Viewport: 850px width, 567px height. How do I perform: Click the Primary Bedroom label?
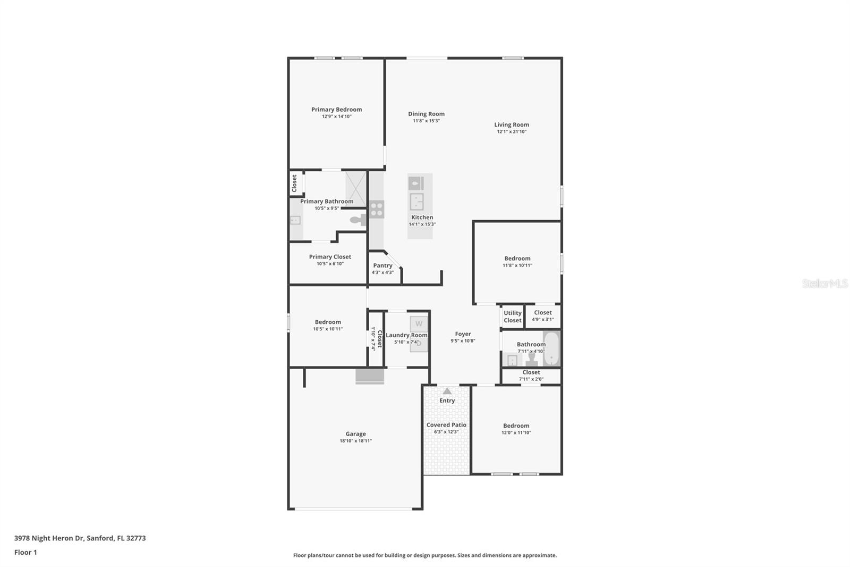pyautogui.click(x=337, y=110)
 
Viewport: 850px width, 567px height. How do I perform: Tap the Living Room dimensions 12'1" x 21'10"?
pyautogui.click(x=512, y=132)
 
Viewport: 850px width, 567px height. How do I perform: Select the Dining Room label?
pyautogui.click(x=426, y=114)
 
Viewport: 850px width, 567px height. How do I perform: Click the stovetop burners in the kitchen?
pyautogui.click(x=377, y=210)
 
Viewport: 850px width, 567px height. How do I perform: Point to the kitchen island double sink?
pyautogui.click(x=416, y=202)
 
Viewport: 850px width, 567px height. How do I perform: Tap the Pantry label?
pyautogui.click(x=382, y=265)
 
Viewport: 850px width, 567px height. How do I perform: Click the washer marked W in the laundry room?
pyautogui.click(x=419, y=324)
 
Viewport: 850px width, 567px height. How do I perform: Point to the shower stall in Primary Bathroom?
pyautogui.click(x=356, y=189)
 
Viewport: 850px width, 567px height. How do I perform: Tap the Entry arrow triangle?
pyautogui.click(x=447, y=390)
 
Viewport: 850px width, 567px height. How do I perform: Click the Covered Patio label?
pyautogui.click(x=446, y=425)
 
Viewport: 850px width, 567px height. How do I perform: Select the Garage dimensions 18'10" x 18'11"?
pyautogui.click(x=355, y=441)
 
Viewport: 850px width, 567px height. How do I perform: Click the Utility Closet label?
pyautogui.click(x=512, y=316)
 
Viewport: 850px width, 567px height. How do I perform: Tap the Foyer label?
pyautogui.click(x=463, y=334)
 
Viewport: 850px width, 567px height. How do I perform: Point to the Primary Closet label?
pyautogui.click(x=330, y=257)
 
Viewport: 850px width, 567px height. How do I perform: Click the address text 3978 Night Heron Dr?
pyautogui.click(x=49, y=538)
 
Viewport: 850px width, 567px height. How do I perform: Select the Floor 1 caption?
pyautogui.click(x=25, y=553)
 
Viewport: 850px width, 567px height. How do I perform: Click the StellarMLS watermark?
pyautogui.click(x=825, y=283)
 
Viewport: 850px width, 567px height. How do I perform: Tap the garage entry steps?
pyautogui.click(x=370, y=376)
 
